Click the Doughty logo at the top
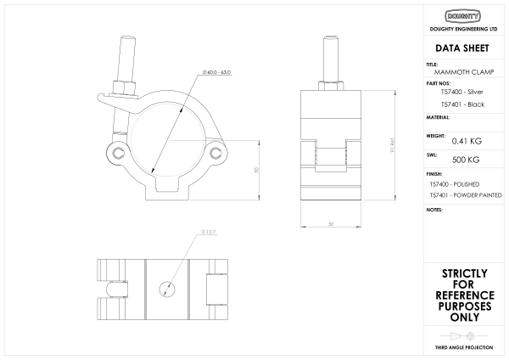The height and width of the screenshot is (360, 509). pos(462,16)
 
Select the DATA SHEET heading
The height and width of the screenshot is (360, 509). pos(462,48)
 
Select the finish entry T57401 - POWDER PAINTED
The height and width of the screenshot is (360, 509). pos(466,195)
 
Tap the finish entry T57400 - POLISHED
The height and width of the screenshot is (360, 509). pos(455,183)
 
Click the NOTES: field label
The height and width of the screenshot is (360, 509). pos(434,209)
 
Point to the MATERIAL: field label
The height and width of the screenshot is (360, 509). pos(438,116)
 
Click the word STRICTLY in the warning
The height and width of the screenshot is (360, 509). pos(464,273)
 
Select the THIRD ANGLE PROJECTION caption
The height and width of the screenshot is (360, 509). pos(464,349)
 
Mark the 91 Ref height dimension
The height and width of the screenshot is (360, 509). pos(392,146)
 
